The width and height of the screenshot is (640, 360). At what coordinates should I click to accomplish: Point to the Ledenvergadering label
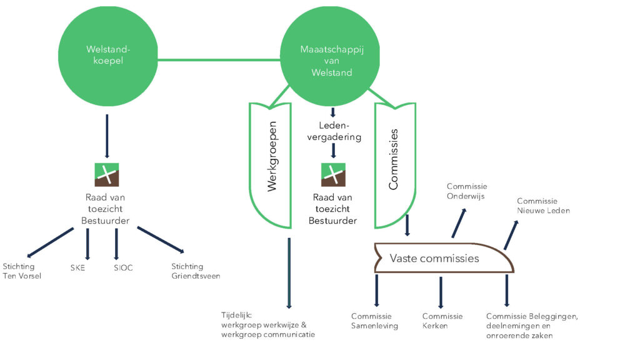[x=333, y=132]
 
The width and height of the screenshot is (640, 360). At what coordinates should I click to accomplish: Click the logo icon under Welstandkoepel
[x=107, y=174]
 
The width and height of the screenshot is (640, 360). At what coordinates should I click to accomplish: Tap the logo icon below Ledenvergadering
[x=333, y=174]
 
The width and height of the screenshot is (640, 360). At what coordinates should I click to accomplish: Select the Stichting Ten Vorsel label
[x=22, y=271]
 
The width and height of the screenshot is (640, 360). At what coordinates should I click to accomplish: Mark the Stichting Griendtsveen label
[x=196, y=271]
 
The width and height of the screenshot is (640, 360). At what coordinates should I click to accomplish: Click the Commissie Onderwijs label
[x=467, y=191]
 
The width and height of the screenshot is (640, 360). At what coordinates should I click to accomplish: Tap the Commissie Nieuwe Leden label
[x=543, y=206]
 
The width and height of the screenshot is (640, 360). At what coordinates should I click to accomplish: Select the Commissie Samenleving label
[x=374, y=321]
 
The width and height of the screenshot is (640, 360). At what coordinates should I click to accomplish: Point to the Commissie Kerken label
[x=442, y=321]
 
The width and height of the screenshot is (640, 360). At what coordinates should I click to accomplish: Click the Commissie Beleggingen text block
[x=532, y=326]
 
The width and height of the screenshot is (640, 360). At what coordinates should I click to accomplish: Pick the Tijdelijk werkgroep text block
[x=267, y=325]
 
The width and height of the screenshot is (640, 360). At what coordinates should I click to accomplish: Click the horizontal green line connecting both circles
[x=218, y=60]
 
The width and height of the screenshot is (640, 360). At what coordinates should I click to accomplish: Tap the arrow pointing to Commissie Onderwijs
[x=459, y=223]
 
